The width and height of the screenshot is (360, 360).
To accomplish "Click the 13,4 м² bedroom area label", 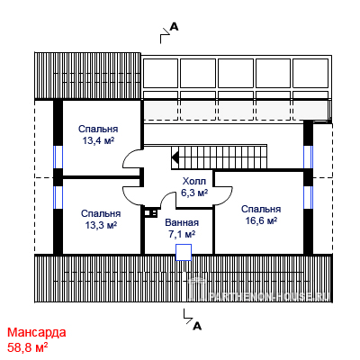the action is [x=98, y=140].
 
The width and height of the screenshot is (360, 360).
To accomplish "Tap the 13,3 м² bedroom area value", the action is [x=101, y=225].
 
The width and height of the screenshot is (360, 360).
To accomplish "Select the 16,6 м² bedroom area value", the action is [x=261, y=220].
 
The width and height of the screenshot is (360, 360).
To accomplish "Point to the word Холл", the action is [x=194, y=181].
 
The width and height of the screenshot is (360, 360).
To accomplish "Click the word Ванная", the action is [x=182, y=222].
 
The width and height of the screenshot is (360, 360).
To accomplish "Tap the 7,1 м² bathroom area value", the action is [x=182, y=234].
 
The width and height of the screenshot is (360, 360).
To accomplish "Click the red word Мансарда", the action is [x=37, y=332].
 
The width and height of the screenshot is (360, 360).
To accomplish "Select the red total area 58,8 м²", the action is [x=28, y=347].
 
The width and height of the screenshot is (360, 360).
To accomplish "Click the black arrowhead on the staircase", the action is [x=175, y=157].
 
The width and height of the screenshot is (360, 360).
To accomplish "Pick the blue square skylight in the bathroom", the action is [x=184, y=252].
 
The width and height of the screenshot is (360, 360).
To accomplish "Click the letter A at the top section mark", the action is [x=175, y=27].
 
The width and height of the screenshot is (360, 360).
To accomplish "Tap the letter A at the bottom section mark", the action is [x=197, y=326].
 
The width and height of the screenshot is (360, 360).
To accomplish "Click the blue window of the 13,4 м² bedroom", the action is [x=58, y=157].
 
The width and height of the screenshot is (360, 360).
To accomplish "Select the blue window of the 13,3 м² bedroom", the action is [x=58, y=197].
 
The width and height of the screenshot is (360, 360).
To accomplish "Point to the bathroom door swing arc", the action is [x=166, y=198].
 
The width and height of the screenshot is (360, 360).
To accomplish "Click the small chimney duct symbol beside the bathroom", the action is [x=149, y=213].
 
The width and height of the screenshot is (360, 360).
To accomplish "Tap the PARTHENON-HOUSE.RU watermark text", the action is [x=269, y=296].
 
